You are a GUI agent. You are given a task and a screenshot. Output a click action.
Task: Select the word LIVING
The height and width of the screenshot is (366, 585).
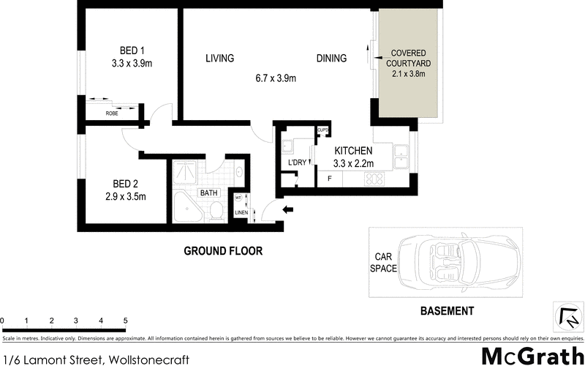click(219, 59)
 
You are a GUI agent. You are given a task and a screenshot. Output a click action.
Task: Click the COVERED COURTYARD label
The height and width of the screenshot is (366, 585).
click(410, 59)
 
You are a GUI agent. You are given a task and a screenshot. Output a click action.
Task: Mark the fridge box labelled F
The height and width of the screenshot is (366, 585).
click(330, 178)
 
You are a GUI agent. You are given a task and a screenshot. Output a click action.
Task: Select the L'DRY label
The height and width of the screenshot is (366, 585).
click(297, 161)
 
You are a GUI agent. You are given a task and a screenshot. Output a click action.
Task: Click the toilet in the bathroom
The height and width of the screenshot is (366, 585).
click(216, 212)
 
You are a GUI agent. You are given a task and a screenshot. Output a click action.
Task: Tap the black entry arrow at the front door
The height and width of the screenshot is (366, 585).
click(288, 211)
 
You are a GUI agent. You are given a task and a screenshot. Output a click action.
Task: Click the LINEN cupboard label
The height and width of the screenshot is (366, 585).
click(241, 213)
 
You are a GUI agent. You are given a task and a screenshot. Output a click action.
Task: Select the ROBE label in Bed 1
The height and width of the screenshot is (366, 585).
click(112, 113)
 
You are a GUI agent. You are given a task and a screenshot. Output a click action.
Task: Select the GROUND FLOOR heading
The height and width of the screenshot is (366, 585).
click(222, 251)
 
